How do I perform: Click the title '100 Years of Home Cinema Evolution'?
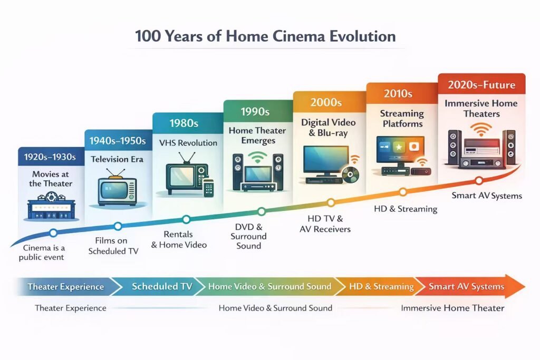click(265, 36)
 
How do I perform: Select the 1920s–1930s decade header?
click(51, 157)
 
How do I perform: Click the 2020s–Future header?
click(481, 84)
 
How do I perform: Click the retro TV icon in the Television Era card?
click(117, 188)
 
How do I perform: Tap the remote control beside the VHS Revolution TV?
click(208, 188)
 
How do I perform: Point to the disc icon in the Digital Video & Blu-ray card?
click(350, 174)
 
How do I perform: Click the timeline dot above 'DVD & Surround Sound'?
click(261, 211)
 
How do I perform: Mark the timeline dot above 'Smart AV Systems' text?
click(479, 181)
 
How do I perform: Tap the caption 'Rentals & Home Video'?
click(179, 239)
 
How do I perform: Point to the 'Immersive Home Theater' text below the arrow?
click(452, 308)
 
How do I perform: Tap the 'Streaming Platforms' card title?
click(402, 119)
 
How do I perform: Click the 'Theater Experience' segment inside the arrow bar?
click(65, 287)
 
